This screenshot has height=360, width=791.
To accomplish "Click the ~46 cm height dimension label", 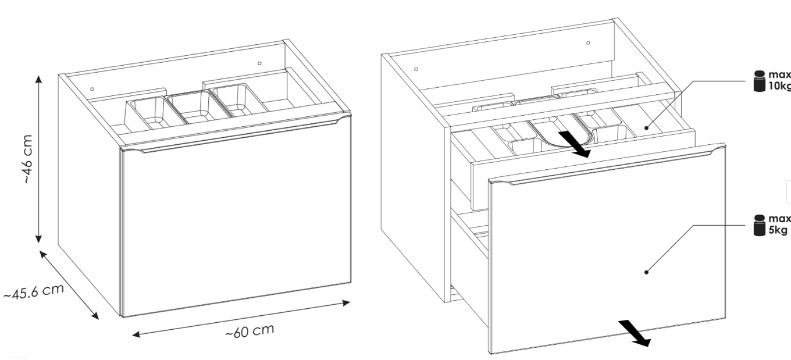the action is [x=28, y=159].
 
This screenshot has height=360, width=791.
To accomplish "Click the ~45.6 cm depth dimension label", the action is [x=34, y=291].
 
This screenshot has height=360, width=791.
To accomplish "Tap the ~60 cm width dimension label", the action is [x=250, y=330].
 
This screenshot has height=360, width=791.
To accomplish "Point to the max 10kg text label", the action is [x=780, y=80].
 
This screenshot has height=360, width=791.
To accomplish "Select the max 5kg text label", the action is [x=780, y=224].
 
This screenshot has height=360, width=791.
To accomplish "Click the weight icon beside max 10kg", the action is [x=759, y=81].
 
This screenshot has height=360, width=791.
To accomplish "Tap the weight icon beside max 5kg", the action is [x=759, y=225].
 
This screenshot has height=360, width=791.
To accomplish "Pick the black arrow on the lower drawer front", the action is [x=634, y=333].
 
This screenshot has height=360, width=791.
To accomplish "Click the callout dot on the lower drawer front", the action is [x=646, y=272].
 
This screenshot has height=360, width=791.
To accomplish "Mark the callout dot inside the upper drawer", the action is [x=646, y=128].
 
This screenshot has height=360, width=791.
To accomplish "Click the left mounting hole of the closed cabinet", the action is [x=92, y=90].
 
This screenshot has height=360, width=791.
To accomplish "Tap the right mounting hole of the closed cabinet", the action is [x=259, y=63].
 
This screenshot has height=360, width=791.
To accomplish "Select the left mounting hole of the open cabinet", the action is [x=416, y=69].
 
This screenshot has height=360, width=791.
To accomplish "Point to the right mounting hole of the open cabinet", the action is [x=588, y=43].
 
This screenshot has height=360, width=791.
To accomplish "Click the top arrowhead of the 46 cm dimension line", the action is [x=38, y=79].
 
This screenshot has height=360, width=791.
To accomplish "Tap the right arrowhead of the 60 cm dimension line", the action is [x=346, y=302].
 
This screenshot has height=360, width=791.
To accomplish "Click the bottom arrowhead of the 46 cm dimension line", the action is [x=38, y=238].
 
